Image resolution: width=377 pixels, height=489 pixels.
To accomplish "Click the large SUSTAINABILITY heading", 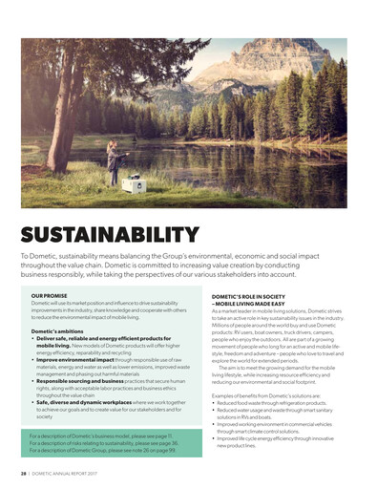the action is click(109, 234).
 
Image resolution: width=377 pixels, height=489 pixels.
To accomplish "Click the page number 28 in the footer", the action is click(22, 473).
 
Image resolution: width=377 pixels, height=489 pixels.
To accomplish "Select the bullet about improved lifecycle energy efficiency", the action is click(276, 439).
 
